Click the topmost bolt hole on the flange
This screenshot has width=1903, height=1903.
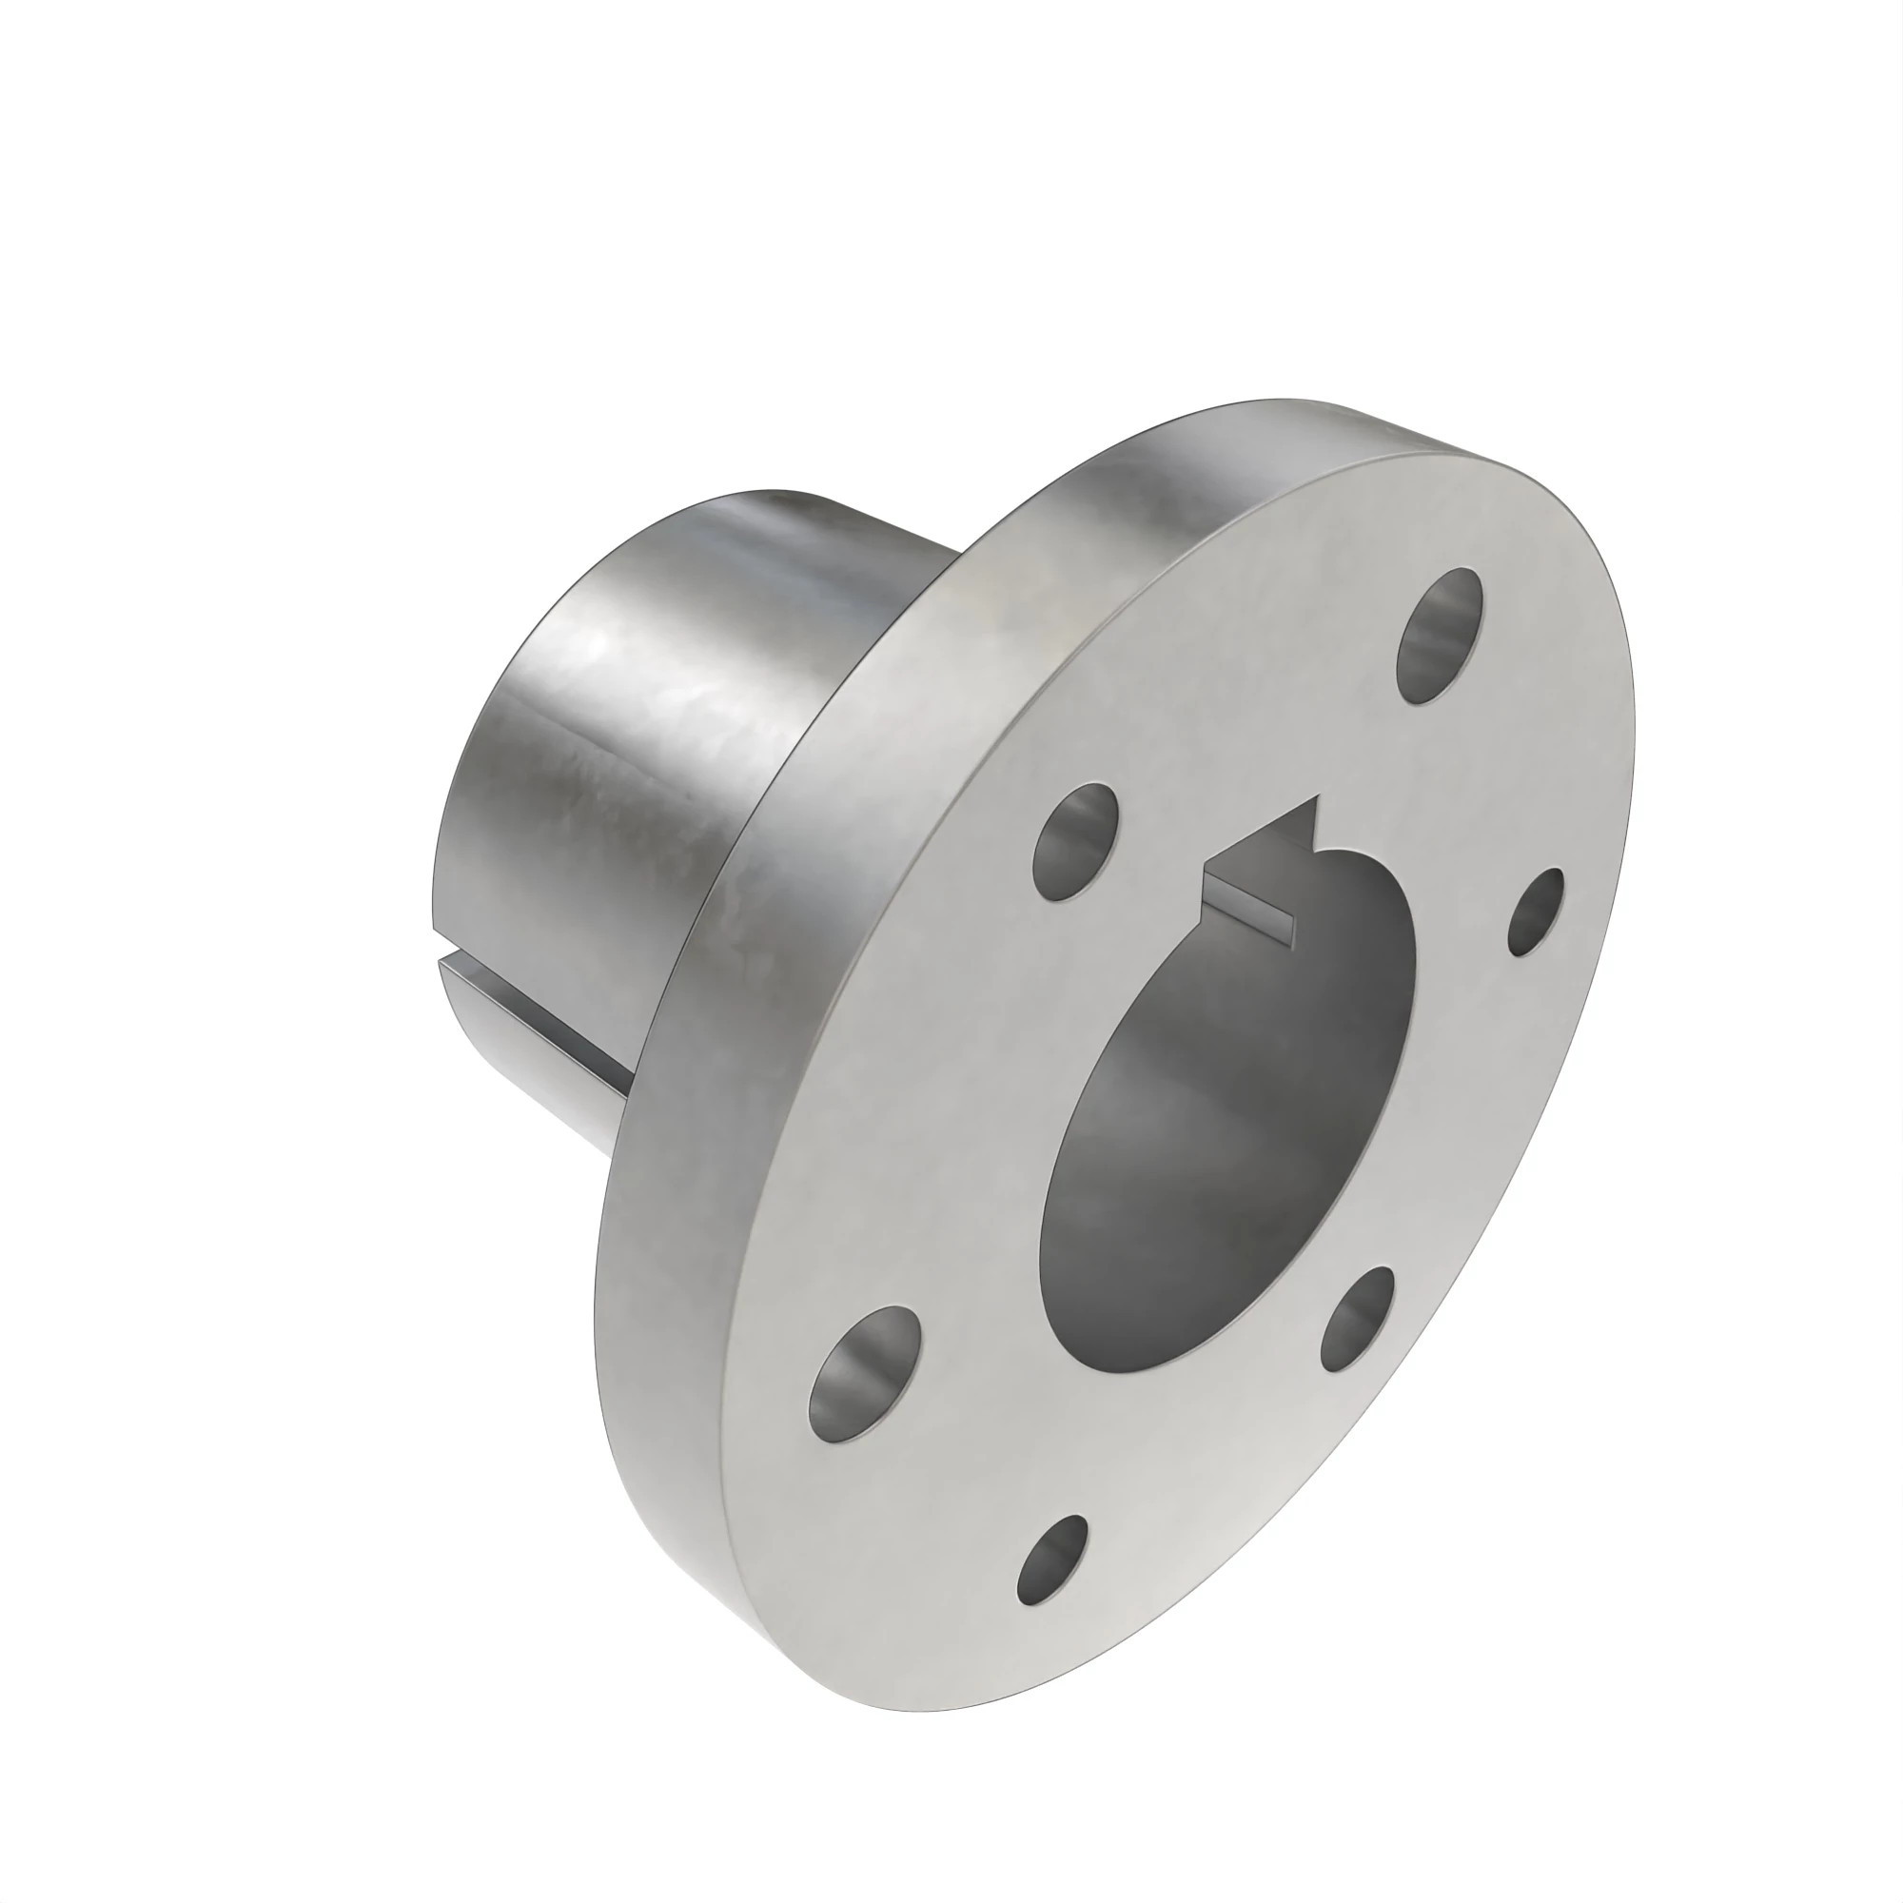(x=1440, y=636)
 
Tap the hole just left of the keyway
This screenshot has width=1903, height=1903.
(x=1075, y=840)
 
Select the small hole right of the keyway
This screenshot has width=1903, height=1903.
(x=1537, y=912)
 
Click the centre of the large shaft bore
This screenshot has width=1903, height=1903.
(x=1231, y=1123)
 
